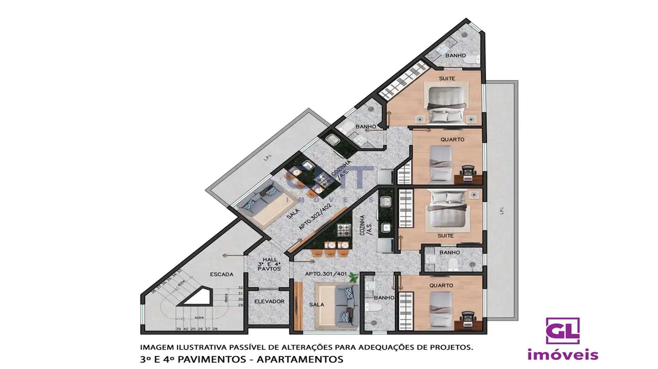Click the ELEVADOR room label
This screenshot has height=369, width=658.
click(x=269, y=302)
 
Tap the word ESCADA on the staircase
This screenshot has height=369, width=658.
click(x=221, y=274)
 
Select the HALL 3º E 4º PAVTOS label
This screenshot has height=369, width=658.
click(x=269, y=264)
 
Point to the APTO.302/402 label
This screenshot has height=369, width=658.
click(x=315, y=217)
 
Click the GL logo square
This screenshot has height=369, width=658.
click(x=563, y=331)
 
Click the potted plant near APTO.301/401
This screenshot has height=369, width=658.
click(x=354, y=278)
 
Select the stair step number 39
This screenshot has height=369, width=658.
click(x=178, y=329)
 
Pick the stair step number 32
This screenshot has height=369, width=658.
click(x=240, y=288)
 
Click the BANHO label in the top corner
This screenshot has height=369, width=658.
click(x=455, y=56)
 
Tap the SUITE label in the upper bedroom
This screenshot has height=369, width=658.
click(x=447, y=79)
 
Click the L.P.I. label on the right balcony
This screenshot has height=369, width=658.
click(x=502, y=211)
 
